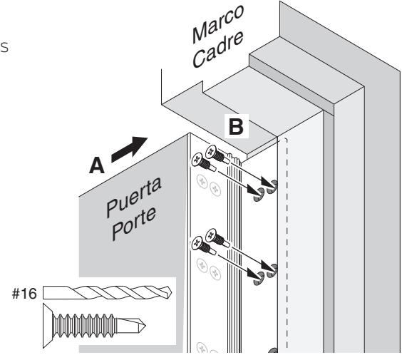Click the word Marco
pos(217,24)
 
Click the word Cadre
pos(217,49)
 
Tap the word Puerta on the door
pos(133,197)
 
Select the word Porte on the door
pos(134,224)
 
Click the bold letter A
pos(97,165)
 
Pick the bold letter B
pos(236,126)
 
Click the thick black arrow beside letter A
pos(129,149)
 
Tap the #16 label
pos(24,294)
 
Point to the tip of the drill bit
pos(172,292)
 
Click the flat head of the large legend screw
pos(48,326)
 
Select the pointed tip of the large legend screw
pos(145,326)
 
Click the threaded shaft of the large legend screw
pos(84,326)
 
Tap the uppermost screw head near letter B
pos(211,150)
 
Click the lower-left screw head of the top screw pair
pos(197,159)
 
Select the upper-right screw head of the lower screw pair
pos(211,235)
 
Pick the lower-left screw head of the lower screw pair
pos(197,242)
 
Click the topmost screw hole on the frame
pos(272,187)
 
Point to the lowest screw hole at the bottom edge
pos(273,350)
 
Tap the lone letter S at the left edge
pos(4,48)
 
